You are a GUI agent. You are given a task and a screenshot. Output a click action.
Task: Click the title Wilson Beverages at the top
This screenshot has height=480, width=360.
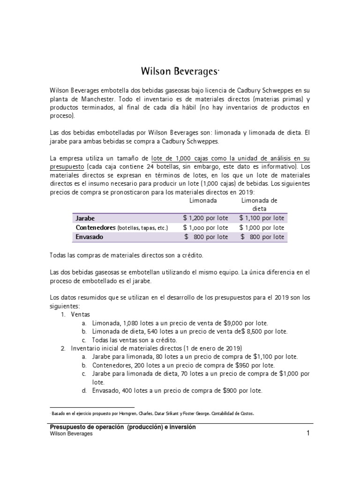click(x=180, y=72)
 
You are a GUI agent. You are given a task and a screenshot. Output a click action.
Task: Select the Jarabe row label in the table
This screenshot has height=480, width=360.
click(x=85, y=218)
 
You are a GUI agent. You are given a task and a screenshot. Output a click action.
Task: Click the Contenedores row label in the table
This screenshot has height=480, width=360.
click(x=96, y=227)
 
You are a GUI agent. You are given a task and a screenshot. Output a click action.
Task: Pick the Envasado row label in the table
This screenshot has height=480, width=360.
click(x=90, y=237)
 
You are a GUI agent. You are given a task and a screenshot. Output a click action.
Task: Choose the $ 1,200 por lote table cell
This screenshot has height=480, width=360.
click(x=206, y=218)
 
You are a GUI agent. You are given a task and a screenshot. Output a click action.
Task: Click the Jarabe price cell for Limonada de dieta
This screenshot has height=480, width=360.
click(x=262, y=218)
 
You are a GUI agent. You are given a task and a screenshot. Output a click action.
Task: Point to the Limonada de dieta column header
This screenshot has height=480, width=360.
click(x=259, y=204)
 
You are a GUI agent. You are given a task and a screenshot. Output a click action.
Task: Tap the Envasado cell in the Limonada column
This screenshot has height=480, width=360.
click(x=206, y=237)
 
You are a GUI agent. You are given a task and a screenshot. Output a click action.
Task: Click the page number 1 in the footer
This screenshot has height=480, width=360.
click(x=308, y=434)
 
